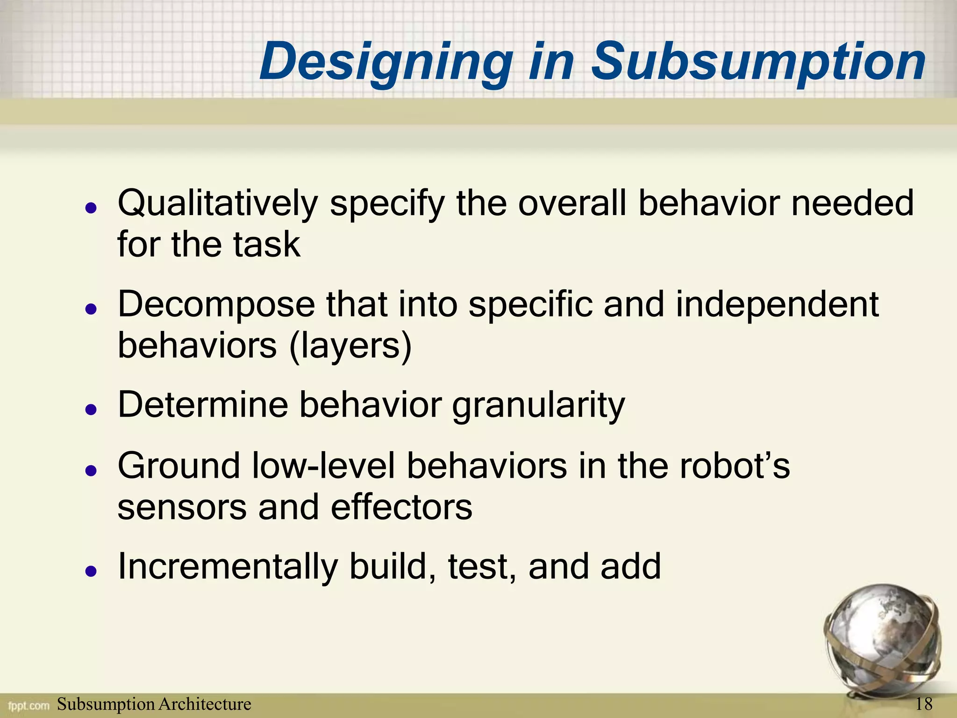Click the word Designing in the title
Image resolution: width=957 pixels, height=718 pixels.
pos(386,63)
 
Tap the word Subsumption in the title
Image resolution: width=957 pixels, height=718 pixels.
pos(758,63)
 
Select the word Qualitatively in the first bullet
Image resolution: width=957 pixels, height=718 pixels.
pos(218,204)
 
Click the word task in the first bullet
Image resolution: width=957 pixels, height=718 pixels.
pos(267,244)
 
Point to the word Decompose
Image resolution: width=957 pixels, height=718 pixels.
pos(216,305)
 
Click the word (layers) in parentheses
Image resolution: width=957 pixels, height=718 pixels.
pos(350,346)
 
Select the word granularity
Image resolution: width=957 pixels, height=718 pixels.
pos(538,405)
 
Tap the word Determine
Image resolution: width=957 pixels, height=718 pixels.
pos(203,404)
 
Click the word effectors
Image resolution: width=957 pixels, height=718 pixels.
pos(401,507)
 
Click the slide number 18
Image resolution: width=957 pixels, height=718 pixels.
pos(924,704)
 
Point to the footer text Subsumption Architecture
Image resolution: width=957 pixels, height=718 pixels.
pos(154,704)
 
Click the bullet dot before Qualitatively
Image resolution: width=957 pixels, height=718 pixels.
pos(91,208)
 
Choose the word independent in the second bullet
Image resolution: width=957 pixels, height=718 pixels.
pos(777,305)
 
